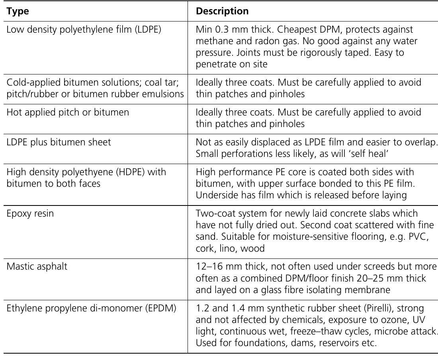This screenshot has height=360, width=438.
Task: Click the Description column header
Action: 222,12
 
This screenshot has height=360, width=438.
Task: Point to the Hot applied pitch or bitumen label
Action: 68,112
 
